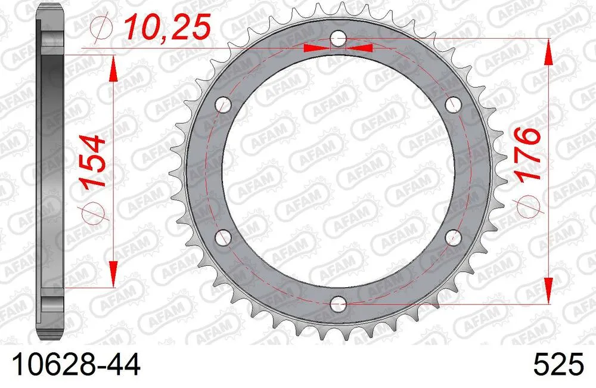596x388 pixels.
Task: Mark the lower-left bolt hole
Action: pos(224,238)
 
